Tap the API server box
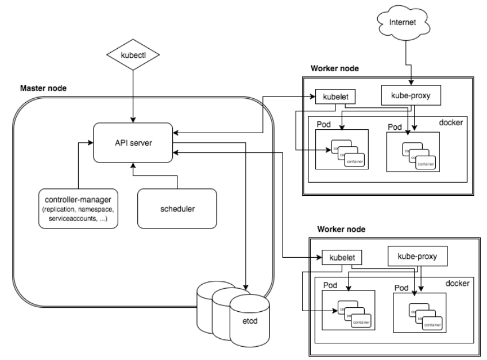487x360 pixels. click(x=133, y=142)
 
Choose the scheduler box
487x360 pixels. click(x=177, y=208)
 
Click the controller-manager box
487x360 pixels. click(x=78, y=208)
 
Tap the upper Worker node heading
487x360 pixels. click(x=335, y=68)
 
